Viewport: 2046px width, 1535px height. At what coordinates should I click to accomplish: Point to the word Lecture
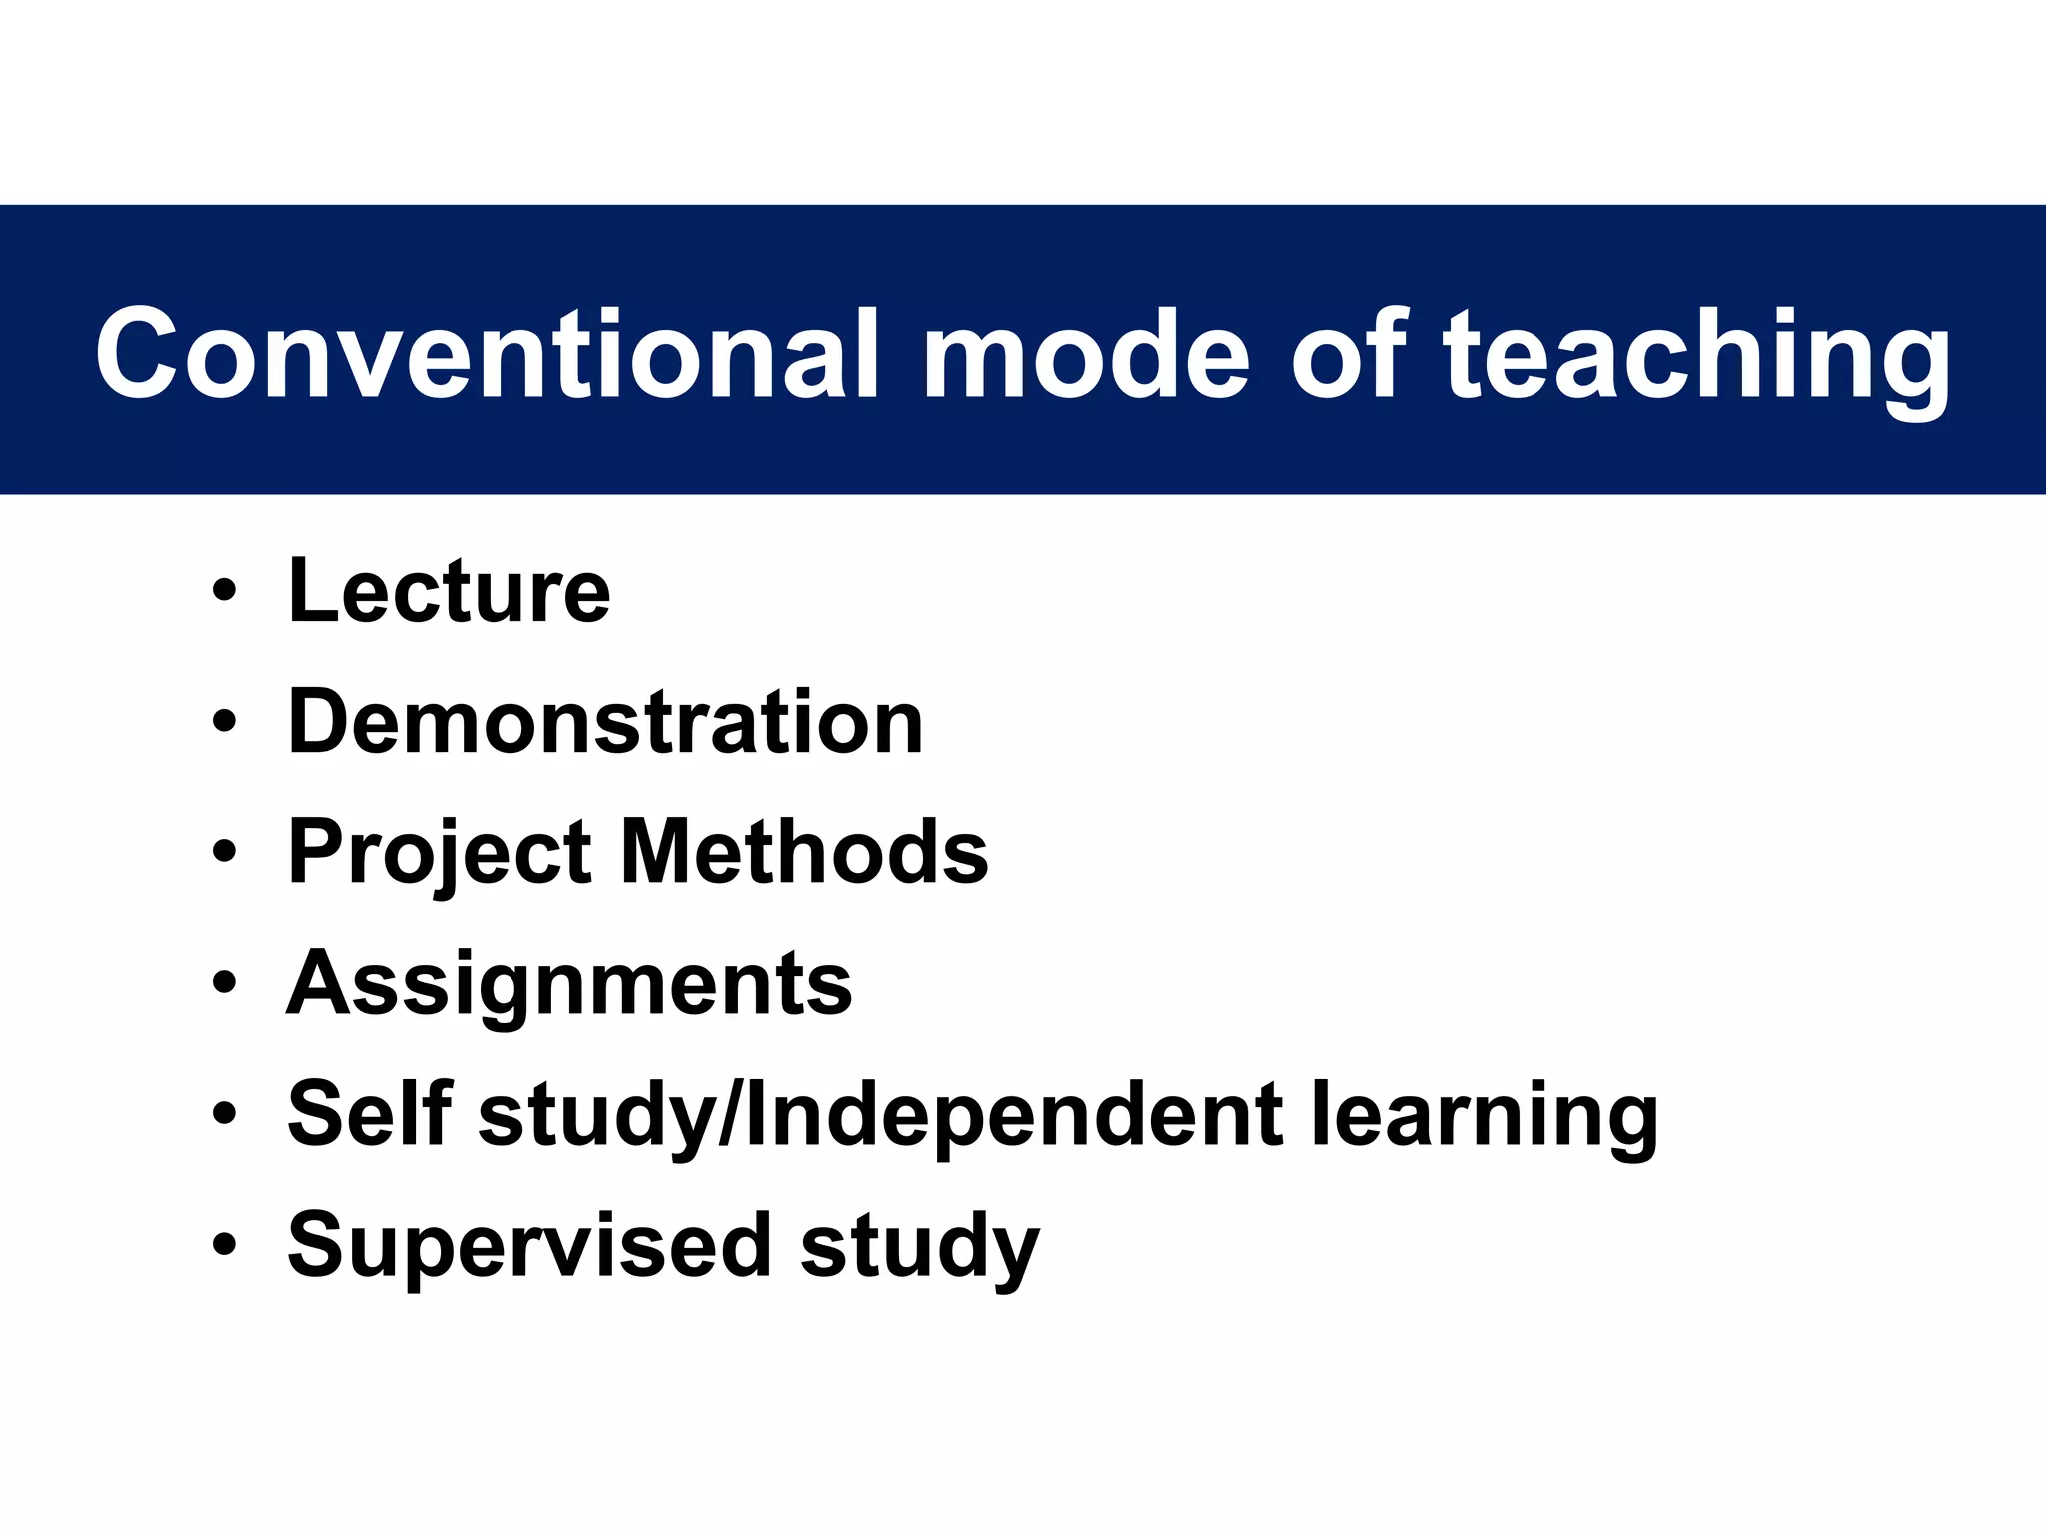click(449, 591)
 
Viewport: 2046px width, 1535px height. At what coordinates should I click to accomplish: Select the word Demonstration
click(605, 722)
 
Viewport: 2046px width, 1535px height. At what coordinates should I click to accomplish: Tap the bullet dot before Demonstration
click(224, 721)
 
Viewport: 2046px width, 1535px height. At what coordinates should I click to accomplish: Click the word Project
click(441, 855)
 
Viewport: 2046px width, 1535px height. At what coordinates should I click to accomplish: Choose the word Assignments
click(569, 985)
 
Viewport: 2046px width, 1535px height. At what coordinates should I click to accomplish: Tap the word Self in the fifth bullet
click(370, 1113)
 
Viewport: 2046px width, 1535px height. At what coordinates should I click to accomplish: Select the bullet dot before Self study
click(224, 1113)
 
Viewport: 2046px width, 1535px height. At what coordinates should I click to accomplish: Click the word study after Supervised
click(919, 1247)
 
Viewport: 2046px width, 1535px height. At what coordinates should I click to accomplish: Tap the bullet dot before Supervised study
click(224, 1244)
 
